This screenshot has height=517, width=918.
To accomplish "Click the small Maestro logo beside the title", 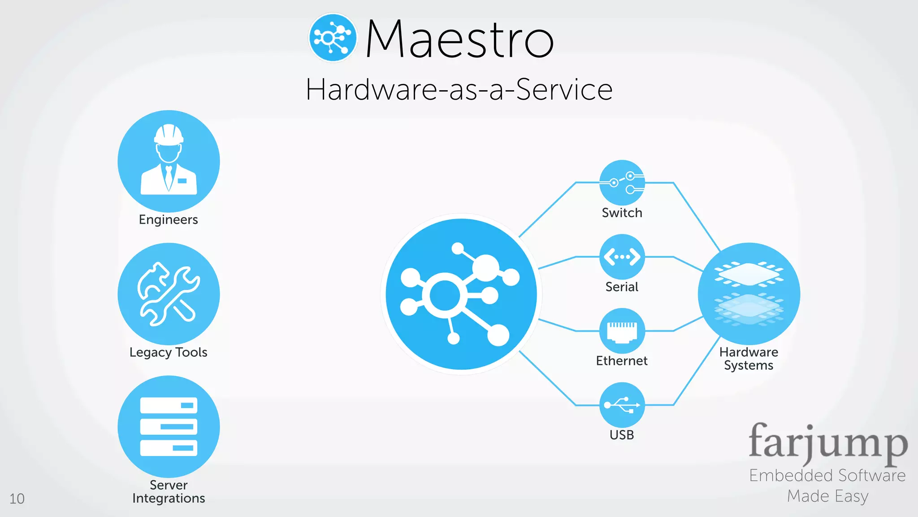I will tap(333, 38).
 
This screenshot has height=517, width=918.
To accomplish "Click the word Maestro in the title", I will tap(460, 39).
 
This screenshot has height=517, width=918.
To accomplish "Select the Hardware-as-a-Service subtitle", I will tap(459, 89).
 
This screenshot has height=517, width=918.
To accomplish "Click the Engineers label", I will tap(168, 219).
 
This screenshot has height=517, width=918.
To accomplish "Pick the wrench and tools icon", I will tap(169, 294).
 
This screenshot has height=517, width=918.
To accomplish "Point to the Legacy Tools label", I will tap(168, 352).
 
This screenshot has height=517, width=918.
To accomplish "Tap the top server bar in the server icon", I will tap(169, 405).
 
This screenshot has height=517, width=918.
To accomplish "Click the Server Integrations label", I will tap(169, 491).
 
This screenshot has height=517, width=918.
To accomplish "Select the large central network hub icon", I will tap(461, 294).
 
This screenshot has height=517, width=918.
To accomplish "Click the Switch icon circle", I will tap(622, 182).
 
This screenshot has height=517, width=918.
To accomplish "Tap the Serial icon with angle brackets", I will tap(622, 257).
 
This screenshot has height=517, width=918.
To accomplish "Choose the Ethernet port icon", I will tap(622, 331).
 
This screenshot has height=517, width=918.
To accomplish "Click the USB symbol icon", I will tap(622, 405).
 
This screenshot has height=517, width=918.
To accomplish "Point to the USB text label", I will tap(622, 435).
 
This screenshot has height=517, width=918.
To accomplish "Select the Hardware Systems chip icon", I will tap(749, 294).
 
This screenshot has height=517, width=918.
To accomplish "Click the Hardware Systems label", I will tap(749, 359).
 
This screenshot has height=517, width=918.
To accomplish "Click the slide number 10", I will tap(17, 499).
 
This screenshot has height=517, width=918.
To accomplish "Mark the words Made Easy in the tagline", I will tap(827, 496).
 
